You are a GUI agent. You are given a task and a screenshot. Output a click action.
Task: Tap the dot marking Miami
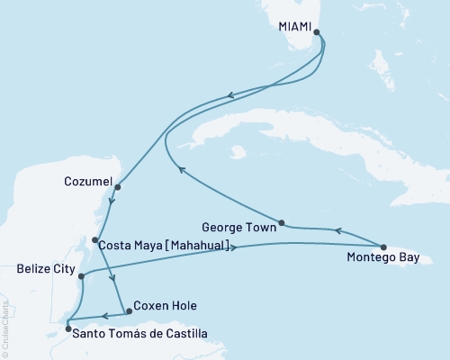tap(316, 31)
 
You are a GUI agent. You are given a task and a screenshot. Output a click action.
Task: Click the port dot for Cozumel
tap(117, 188)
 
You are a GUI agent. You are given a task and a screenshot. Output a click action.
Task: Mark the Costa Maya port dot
tap(95, 239)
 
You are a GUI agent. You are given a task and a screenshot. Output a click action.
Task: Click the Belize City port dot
tap(82, 276)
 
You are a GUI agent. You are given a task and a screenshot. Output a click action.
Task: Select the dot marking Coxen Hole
tap(129, 311)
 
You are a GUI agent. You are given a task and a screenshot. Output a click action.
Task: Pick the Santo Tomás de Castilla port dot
tap(67, 329)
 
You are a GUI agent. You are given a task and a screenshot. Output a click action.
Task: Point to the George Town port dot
tap(282, 222)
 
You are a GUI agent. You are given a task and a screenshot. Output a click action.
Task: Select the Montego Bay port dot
tap(382, 247)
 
